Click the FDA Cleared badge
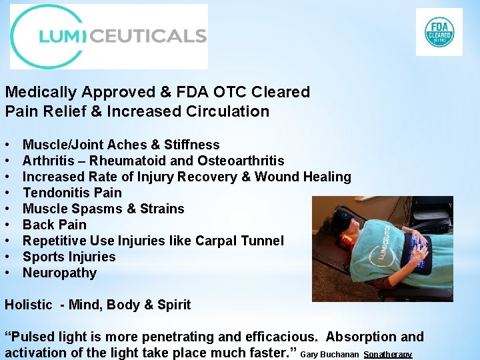[439, 32]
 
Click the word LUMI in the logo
[63, 35]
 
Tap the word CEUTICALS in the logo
[147, 35]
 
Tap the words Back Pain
[54, 225]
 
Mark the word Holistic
[28, 305]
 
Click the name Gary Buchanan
[330, 354]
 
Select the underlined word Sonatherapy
[388, 354]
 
